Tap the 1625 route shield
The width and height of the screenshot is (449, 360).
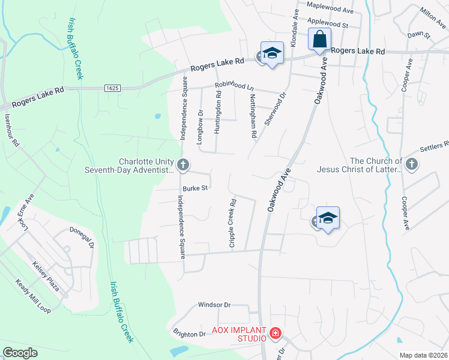click(112, 88)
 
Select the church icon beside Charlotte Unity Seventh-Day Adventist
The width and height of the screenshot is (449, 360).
click(184, 164)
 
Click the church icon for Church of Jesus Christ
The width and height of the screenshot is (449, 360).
click(412, 164)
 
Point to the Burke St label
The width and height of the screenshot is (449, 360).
click(195, 188)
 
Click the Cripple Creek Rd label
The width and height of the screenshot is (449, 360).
click(231, 217)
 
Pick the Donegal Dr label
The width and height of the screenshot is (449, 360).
click(83, 238)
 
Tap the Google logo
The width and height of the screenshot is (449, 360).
click(20, 353)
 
